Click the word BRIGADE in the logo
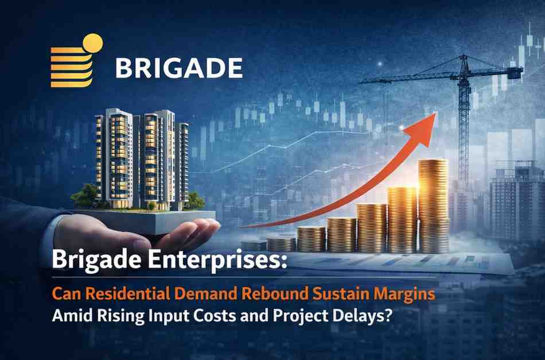coord(178,67)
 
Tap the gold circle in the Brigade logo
coord(92,43)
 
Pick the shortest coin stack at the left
coord(254,245)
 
